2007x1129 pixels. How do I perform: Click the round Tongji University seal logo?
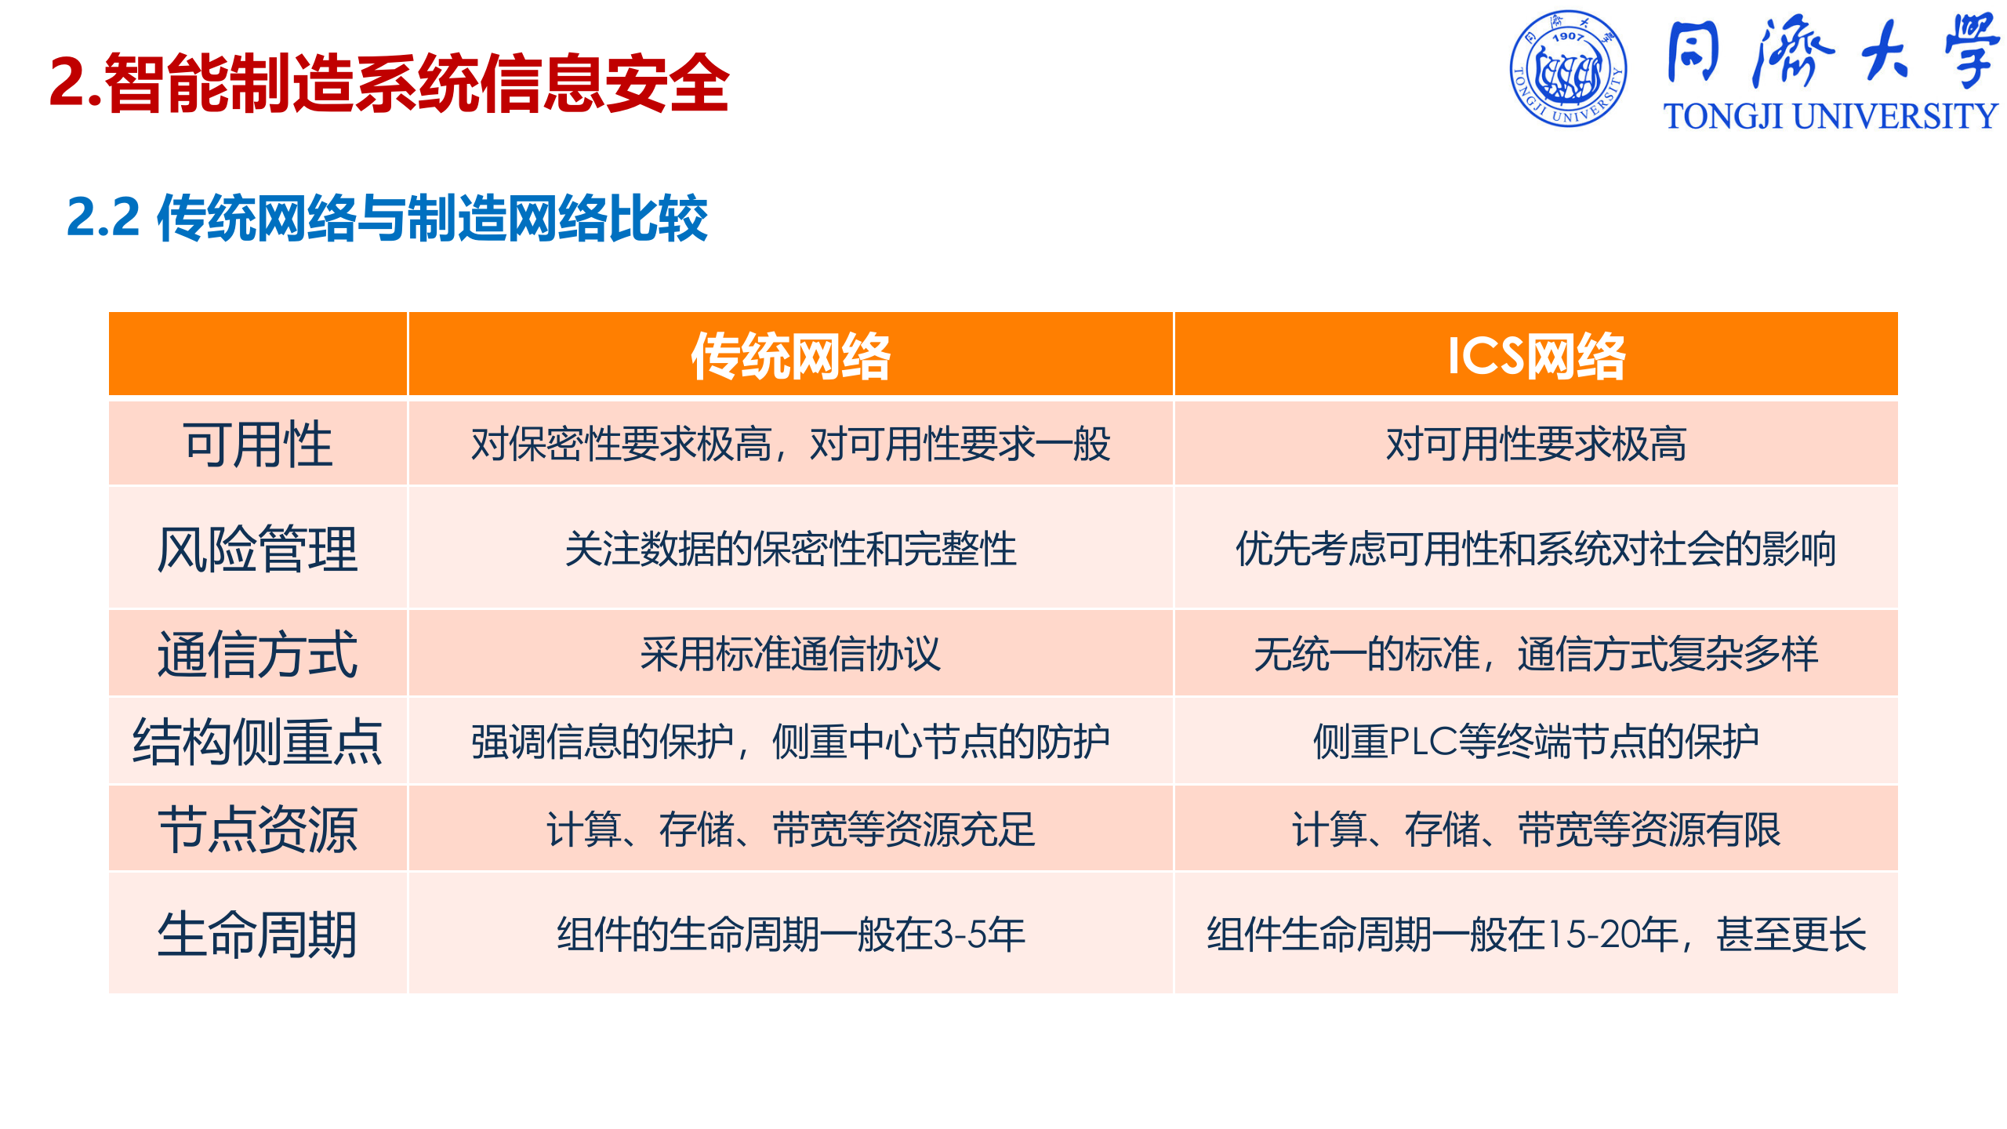tap(1568, 69)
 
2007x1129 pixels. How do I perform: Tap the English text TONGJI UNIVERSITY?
tap(1830, 117)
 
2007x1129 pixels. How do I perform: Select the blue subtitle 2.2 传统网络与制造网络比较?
tap(387, 218)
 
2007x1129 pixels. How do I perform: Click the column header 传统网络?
tap(790, 357)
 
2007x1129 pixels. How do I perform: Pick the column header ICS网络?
tap(1536, 357)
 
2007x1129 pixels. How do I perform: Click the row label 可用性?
tap(258, 445)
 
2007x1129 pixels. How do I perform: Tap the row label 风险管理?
tap(258, 549)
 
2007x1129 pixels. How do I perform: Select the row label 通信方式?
tap(258, 654)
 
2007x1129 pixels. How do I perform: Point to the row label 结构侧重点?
tap(258, 742)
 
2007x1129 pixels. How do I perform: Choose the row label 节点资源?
tap(258, 830)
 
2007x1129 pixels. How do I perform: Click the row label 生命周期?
tap(258, 935)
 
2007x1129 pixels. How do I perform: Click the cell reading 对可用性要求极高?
tap(1536, 445)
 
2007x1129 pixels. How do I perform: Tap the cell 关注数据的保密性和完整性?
tap(790, 549)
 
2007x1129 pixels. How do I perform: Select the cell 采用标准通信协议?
tap(790, 654)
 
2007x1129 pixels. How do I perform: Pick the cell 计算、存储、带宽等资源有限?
tap(1536, 830)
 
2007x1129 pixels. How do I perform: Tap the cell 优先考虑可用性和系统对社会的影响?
tap(1536, 549)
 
